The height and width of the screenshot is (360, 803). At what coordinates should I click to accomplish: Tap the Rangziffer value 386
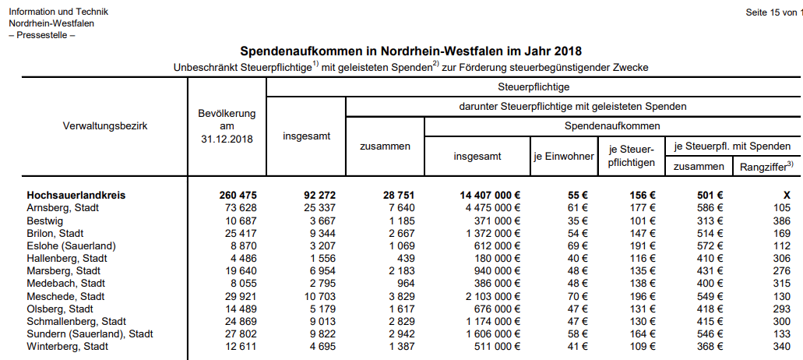pyautogui.click(x=781, y=221)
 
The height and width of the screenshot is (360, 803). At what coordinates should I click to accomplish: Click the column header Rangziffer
pyautogui.click(x=766, y=165)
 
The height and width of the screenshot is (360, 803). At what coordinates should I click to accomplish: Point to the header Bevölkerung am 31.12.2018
pyautogui.click(x=227, y=126)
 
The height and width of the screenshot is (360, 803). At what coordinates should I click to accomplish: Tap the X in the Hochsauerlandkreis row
pyautogui.click(x=787, y=195)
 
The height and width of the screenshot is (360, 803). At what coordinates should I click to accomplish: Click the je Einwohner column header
pyautogui.click(x=562, y=157)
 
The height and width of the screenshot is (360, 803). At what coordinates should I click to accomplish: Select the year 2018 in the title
pyautogui.click(x=568, y=52)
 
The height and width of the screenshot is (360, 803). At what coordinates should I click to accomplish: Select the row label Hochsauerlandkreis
pyautogui.click(x=76, y=195)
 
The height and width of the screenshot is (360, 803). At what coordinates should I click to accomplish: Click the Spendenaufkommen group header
pyautogui.click(x=611, y=125)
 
